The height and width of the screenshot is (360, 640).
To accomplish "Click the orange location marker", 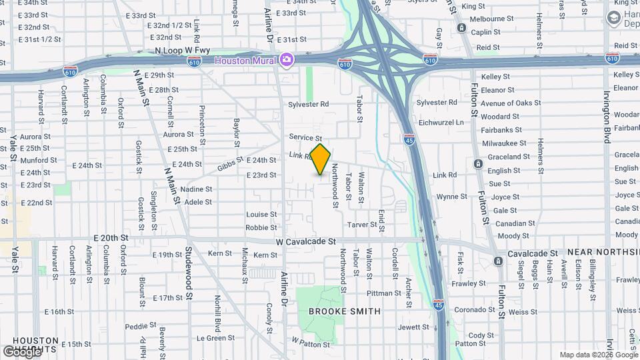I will tap(321, 159).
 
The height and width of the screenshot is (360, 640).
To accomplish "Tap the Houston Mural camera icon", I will tap(287, 61).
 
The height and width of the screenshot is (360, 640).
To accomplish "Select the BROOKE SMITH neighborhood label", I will tap(345, 311).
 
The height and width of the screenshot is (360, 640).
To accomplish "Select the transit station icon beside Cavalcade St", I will tap(498, 261).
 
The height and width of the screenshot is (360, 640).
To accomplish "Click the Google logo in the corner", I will tap(21, 351).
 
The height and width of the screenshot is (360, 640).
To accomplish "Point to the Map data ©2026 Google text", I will tap(597, 355).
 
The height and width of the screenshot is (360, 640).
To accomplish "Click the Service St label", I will tap(305, 137).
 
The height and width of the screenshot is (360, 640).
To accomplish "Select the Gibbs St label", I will tap(230, 164).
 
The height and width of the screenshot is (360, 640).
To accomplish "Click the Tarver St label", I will tap(362, 225).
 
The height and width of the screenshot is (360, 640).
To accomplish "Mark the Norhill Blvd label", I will tap(217, 313).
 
